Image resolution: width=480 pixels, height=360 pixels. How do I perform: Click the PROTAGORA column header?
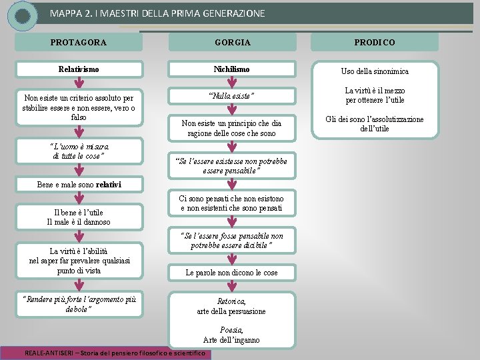(x=79, y=42)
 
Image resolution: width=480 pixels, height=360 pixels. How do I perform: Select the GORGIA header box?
(x=233, y=42)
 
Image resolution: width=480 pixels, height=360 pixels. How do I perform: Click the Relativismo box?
(x=79, y=69)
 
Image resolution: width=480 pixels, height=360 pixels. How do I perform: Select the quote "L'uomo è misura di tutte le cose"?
(x=79, y=151)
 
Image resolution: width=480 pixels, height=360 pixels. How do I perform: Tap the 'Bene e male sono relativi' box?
(x=79, y=183)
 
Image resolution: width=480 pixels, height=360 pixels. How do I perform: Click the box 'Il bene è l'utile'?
(x=79, y=217)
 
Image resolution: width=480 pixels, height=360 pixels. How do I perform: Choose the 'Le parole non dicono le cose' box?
(x=231, y=273)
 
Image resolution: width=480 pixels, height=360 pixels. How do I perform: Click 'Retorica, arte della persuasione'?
(x=231, y=306)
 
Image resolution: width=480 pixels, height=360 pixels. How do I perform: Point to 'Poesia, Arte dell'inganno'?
(x=231, y=335)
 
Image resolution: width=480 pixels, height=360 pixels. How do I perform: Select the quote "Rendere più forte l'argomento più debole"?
(x=79, y=304)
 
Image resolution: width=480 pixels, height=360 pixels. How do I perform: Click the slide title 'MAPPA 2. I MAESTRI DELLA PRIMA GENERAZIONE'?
(x=157, y=13)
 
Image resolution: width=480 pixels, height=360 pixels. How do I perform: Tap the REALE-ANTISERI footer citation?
(x=115, y=353)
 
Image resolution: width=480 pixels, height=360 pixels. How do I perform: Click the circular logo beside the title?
(x=23, y=15)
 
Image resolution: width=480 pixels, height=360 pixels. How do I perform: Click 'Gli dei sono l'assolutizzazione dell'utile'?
(x=375, y=123)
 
